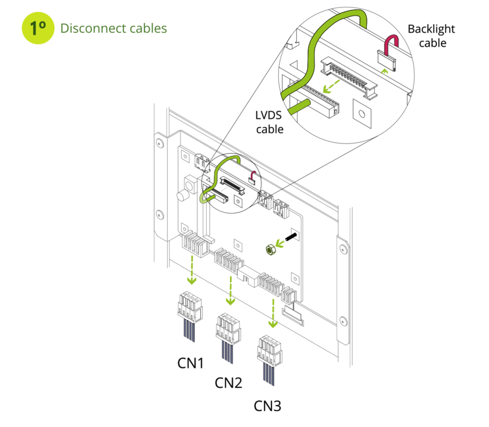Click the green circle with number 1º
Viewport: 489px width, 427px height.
coord(38,28)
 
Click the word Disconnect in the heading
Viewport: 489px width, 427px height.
coord(93,28)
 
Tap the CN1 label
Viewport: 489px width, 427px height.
coord(190,363)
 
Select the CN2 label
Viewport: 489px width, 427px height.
coord(228,383)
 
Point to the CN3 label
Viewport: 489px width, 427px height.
coord(267,406)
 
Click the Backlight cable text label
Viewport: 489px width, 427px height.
coord(431,36)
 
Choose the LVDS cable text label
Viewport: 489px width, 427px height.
coord(269,122)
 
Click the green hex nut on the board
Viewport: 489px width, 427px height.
coord(270,250)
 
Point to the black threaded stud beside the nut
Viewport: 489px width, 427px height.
coord(290,237)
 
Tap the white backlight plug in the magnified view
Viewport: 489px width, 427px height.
coord(387,60)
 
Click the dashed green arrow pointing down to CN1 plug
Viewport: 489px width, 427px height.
coord(192,270)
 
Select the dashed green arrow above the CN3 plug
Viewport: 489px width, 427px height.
coord(273,313)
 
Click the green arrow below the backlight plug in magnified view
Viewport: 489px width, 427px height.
coord(384,72)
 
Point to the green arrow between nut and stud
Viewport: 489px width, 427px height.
coord(280,243)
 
